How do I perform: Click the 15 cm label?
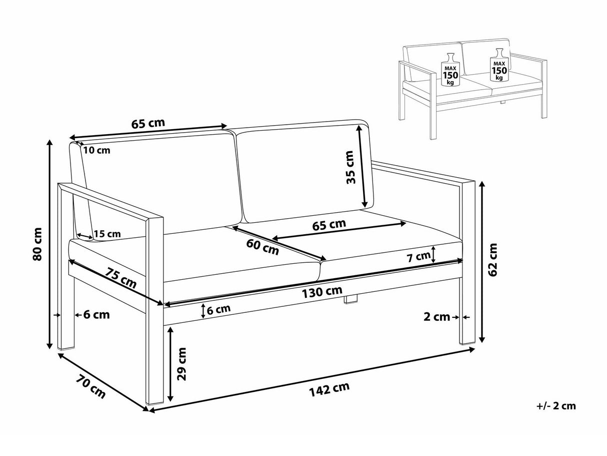(107, 234)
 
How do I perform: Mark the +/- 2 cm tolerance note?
(556, 405)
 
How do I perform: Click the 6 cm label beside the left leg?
(95, 315)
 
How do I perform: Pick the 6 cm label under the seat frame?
(218, 309)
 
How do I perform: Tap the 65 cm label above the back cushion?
(148, 123)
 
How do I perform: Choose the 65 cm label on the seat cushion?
(329, 224)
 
